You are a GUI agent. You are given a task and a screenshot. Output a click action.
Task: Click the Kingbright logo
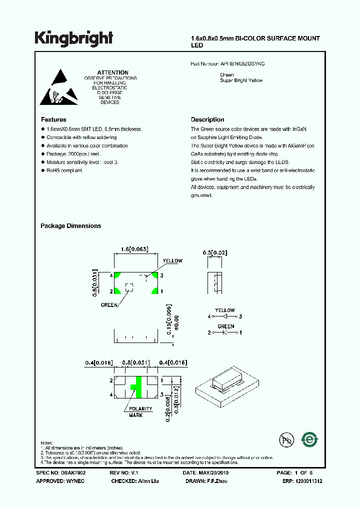74,38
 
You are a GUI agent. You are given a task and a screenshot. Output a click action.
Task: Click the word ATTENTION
112,72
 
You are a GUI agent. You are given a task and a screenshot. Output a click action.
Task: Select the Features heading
53,119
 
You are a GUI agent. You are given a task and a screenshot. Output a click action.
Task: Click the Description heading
207,119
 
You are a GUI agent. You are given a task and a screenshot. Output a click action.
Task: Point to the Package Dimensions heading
70,226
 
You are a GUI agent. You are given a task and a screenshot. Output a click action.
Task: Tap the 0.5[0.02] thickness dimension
215,253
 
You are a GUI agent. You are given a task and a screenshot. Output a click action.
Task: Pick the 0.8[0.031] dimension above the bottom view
137,362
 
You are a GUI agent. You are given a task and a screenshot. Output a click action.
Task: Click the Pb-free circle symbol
286,440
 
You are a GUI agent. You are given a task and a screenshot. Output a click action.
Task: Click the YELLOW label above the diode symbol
224,310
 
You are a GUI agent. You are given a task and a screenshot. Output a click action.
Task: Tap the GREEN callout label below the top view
109,304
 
